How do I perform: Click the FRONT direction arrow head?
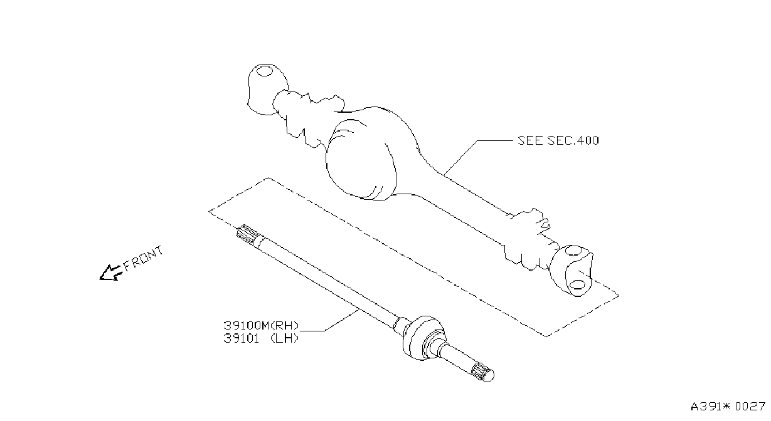point(109,273)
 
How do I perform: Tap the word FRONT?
point(143,259)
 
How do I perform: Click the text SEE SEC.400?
point(558,140)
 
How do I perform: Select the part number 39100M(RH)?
point(261,325)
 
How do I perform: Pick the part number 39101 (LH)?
point(261,338)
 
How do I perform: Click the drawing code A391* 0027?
point(728,407)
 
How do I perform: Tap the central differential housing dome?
point(361,160)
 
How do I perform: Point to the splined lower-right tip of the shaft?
point(482,373)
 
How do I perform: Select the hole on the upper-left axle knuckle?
point(264,71)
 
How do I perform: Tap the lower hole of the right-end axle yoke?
point(577,284)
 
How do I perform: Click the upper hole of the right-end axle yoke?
point(573,251)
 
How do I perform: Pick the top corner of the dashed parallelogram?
point(269,178)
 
